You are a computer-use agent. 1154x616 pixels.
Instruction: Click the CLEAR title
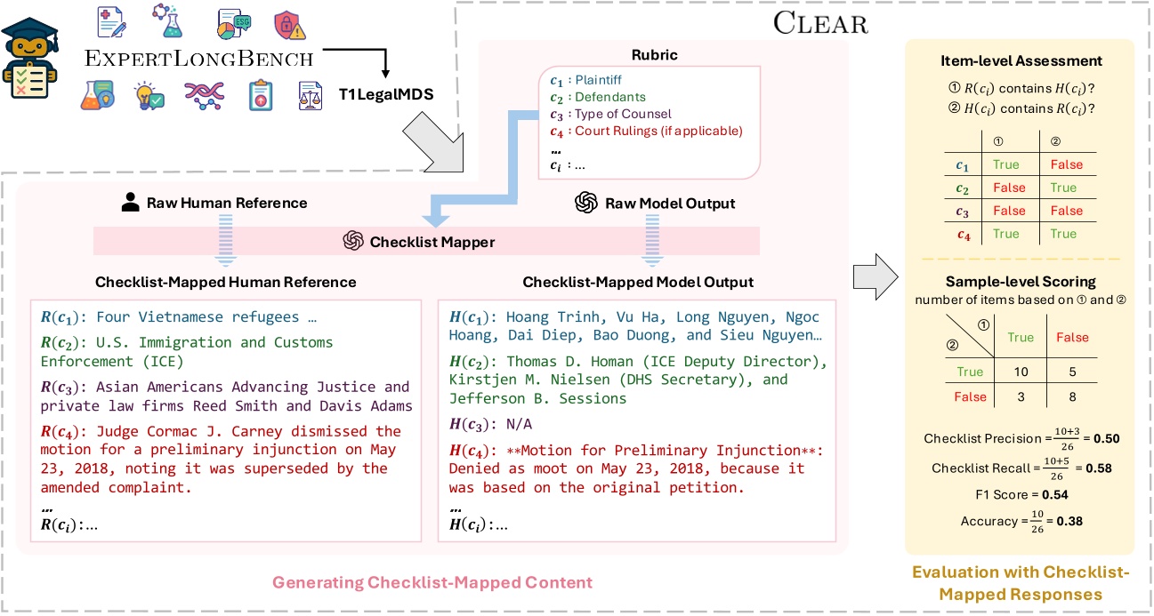(x=820, y=22)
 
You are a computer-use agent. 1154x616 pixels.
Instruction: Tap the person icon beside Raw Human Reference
(x=131, y=203)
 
